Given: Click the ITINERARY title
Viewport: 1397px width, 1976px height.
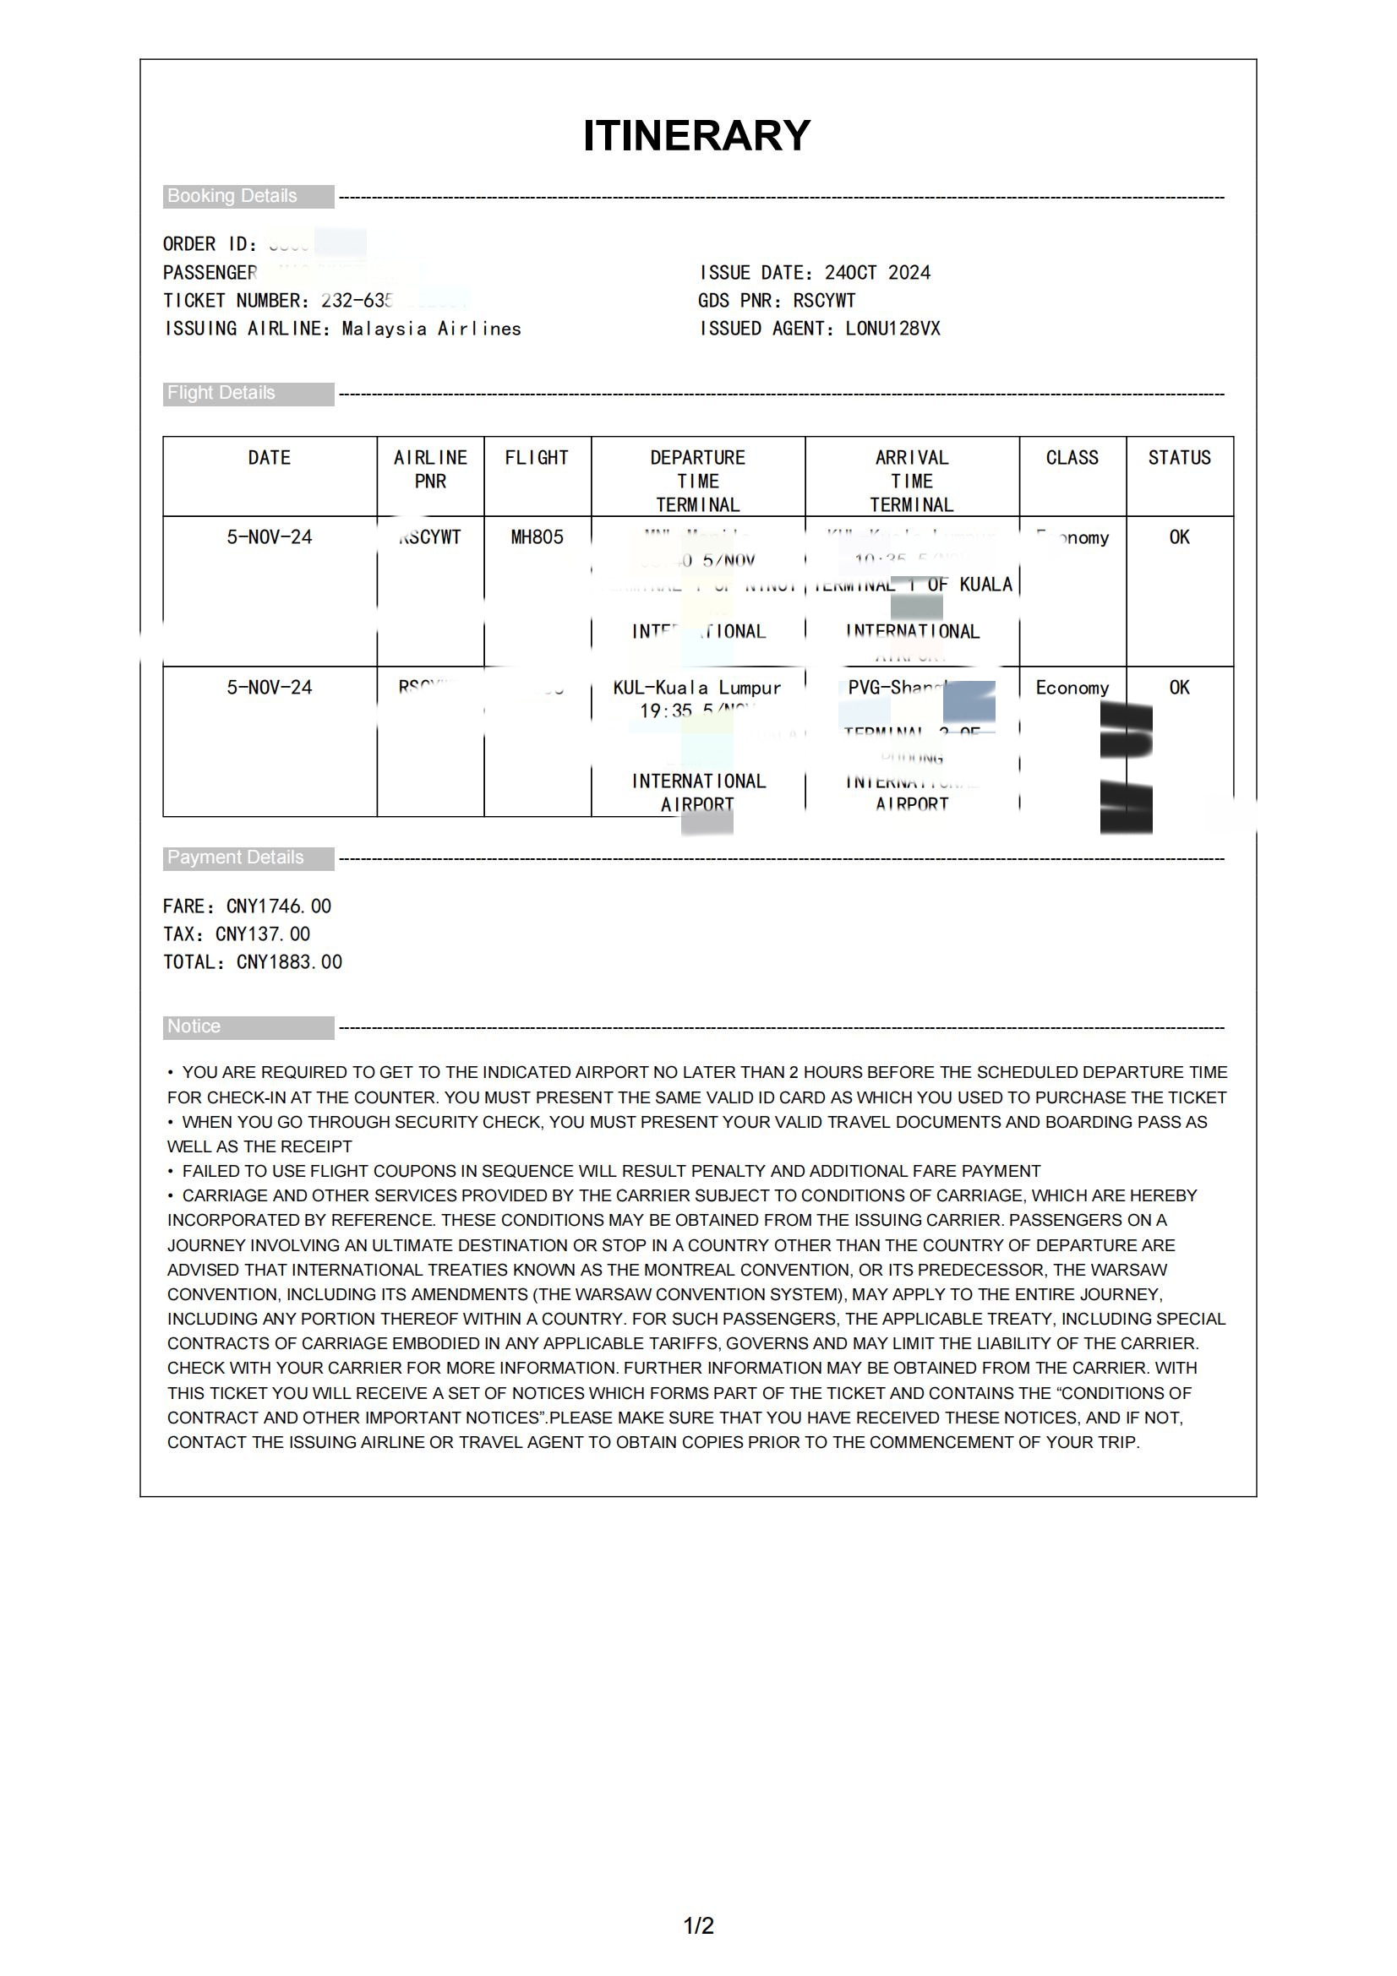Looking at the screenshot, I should (x=696, y=136).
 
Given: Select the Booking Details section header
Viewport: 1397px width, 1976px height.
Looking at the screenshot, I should (x=232, y=196).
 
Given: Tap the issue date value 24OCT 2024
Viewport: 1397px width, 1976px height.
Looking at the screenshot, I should (x=877, y=273).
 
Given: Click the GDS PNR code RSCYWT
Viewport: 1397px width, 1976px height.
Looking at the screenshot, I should (x=824, y=301).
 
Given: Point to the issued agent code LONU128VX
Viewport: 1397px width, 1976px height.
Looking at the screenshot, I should (x=892, y=329).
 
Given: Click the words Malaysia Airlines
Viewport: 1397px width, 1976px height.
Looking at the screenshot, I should (x=431, y=329).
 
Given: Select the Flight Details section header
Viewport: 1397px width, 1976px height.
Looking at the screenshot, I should (x=221, y=394).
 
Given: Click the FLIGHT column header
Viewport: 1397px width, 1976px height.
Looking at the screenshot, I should (x=537, y=458).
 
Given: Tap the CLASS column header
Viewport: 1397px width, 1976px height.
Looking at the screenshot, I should (x=1072, y=458).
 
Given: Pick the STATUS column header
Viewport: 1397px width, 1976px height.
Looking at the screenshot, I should (x=1178, y=458).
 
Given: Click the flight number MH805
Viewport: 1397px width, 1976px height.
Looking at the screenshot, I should (x=537, y=537).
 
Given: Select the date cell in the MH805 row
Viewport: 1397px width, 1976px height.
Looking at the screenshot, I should (x=270, y=537).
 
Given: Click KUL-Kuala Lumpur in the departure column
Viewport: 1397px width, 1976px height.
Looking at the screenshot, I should (x=696, y=688).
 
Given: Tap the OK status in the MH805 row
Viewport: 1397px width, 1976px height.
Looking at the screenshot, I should (x=1178, y=537).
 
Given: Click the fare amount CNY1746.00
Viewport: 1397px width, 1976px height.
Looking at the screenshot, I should (x=278, y=906).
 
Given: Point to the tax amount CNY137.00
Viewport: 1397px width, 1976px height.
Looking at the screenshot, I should (x=263, y=934).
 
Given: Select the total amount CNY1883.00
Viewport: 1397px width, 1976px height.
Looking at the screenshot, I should (x=289, y=962).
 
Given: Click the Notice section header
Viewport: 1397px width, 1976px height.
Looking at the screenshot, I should (x=194, y=1026).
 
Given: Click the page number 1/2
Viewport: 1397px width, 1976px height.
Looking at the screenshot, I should (x=698, y=1925).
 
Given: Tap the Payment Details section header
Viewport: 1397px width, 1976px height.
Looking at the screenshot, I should (x=236, y=858).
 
